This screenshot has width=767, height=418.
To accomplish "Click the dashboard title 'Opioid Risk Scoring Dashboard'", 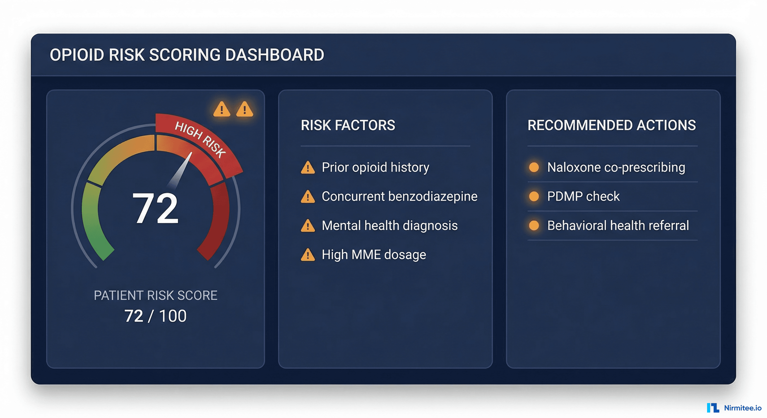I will pyautogui.click(x=187, y=55).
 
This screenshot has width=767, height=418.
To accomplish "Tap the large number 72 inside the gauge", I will pyautogui.click(x=156, y=208).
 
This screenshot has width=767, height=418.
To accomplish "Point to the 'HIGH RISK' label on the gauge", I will pyautogui.click(x=200, y=139).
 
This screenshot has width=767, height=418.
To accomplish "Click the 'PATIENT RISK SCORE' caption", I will pyautogui.click(x=156, y=296).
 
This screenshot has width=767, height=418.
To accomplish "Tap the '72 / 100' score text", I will pyautogui.click(x=156, y=316).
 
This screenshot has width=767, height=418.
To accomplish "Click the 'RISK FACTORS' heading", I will pyautogui.click(x=348, y=125).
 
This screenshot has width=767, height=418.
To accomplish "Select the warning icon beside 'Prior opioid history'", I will pyautogui.click(x=308, y=167).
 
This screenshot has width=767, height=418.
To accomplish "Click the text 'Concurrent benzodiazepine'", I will pyautogui.click(x=399, y=196).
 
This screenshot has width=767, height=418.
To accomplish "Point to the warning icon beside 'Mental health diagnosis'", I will pyautogui.click(x=308, y=226).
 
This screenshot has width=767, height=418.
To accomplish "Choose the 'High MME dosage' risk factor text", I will pyautogui.click(x=374, y=255).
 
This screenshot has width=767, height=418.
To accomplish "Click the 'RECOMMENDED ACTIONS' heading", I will pyautogui.click(x=611, y=125).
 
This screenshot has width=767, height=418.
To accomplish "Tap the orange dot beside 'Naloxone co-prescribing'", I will pyautogui.click(x=534, y=167).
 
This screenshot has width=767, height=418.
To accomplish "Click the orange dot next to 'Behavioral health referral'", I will pyautogui.click(x=534, y=226).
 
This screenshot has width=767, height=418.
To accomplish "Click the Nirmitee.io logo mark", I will pyautogui.click(x=713, y=408).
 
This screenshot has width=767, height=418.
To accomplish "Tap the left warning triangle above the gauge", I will pyautogui.click(x=221, y=109).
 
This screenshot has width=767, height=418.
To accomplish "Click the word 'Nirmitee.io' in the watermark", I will pyautogui.click(x=742, y=408).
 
